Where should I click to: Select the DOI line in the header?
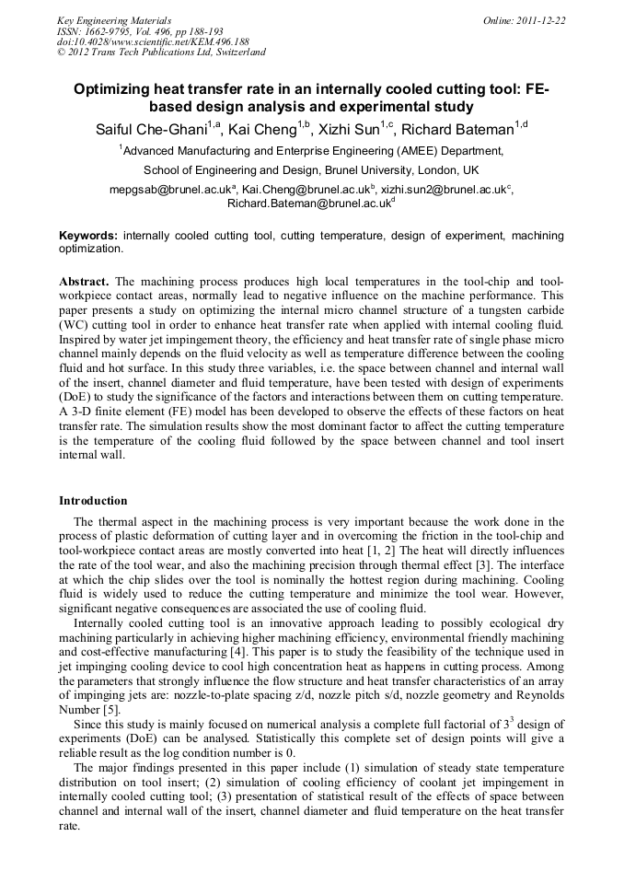coord(153,41)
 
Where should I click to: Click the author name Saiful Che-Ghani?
coord(151,129)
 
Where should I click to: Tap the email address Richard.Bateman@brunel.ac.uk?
coord(307,203)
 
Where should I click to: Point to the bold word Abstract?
coord(84,281)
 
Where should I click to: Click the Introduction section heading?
coord(93,501)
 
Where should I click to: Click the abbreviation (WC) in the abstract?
coord(78,325)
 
